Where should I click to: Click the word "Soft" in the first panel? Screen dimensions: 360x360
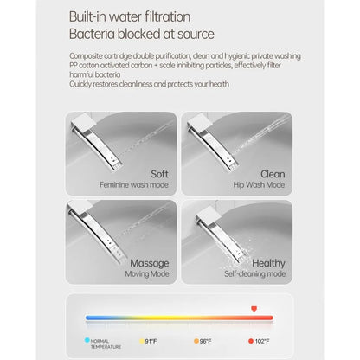point(159,174)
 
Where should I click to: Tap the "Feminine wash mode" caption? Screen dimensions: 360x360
point(134,185)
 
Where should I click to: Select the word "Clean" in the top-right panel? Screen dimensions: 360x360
point(273,174)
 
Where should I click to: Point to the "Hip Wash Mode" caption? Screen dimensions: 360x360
point(259,185)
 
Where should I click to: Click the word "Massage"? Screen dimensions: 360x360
point(150,263)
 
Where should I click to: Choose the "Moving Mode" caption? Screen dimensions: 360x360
point(147,274)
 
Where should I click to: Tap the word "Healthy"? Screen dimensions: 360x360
point(268,263)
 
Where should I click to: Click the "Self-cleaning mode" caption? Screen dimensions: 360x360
point(255,274)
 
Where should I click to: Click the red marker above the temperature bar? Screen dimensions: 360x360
point(254,309)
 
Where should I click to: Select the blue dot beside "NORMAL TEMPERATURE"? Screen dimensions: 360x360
point(87,340)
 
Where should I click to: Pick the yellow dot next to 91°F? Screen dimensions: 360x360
point(142,341)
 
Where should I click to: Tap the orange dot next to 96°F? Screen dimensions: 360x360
point(196,341)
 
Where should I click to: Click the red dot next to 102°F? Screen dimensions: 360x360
point(251,341)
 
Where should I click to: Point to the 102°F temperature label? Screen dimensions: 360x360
point(262,341)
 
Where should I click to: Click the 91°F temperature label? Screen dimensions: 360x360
point(151,341)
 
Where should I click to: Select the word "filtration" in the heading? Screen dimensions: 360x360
point(167,16)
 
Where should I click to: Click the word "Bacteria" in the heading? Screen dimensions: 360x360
point(92,34)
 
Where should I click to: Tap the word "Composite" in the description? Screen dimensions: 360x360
point(86,56)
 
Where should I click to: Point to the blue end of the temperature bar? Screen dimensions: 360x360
point(87,318)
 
